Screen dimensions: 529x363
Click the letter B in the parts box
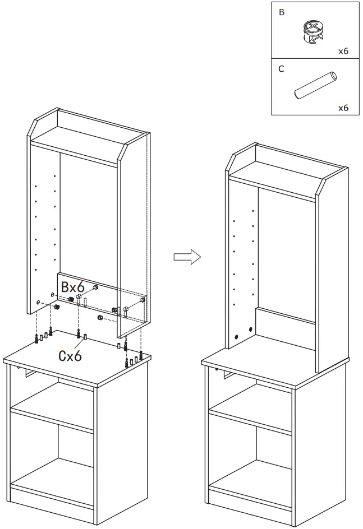tap(282, 12)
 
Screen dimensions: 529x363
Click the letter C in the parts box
tap(281, 69)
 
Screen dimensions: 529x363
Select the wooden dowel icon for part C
tap(315, 86)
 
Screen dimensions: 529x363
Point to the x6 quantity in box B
tap(343, 51)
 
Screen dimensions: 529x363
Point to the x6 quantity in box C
tap(343, 108)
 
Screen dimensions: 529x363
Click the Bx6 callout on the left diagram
tap(73, 287)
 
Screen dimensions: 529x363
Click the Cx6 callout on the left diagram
tap(70, 355)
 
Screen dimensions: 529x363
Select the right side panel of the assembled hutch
tap(330, 275)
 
